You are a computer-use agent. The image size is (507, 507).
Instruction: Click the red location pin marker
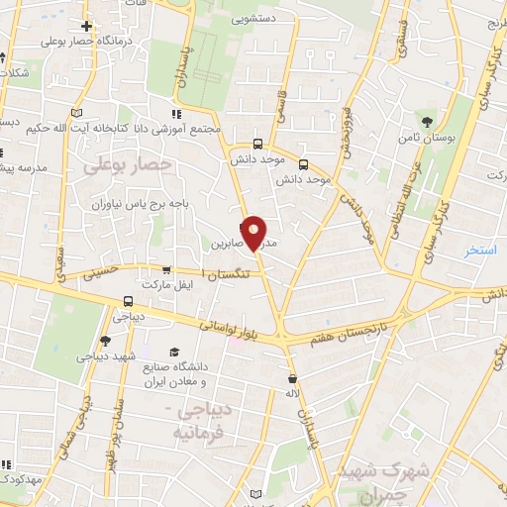pyautogui.click(x=253, y=231)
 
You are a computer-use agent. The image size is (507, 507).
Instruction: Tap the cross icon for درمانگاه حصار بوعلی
pyautogui.click(x=87, y=26)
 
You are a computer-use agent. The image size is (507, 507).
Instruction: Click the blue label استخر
pyautogui.click(x=482, y=251)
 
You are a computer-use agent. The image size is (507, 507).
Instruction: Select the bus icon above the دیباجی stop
pyautogui.click(x=128, y=301)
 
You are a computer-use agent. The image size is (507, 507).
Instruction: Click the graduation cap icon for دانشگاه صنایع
pyautogui.click(x=174, y=353)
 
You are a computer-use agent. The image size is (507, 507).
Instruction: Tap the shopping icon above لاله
pyautogui.click(x=292, y=378)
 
